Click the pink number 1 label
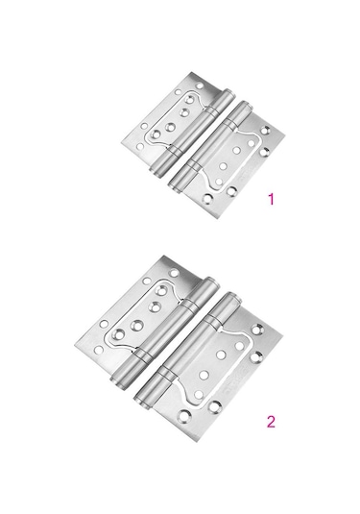[271, 199]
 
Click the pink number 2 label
[271, 422]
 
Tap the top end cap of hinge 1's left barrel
[229, 93]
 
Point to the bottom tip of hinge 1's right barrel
[174, 190]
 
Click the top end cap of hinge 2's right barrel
[235, 297]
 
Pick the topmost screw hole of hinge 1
[199, 86]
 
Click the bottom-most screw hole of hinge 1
[207, 198]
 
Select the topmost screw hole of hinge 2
[174, 272]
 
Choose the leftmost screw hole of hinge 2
[98, 350]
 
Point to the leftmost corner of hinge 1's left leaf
[122, 143]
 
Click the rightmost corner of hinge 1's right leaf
[284, 135]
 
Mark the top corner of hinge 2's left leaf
[166, 257]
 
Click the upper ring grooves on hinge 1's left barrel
[210, 110]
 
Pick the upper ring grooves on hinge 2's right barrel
[214, 320]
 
